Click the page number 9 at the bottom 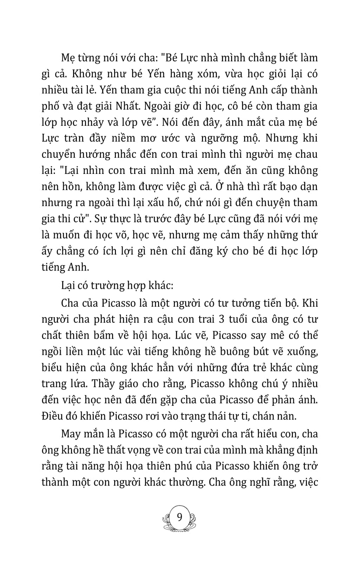180,517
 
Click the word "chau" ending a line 306,154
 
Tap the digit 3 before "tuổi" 222,319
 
